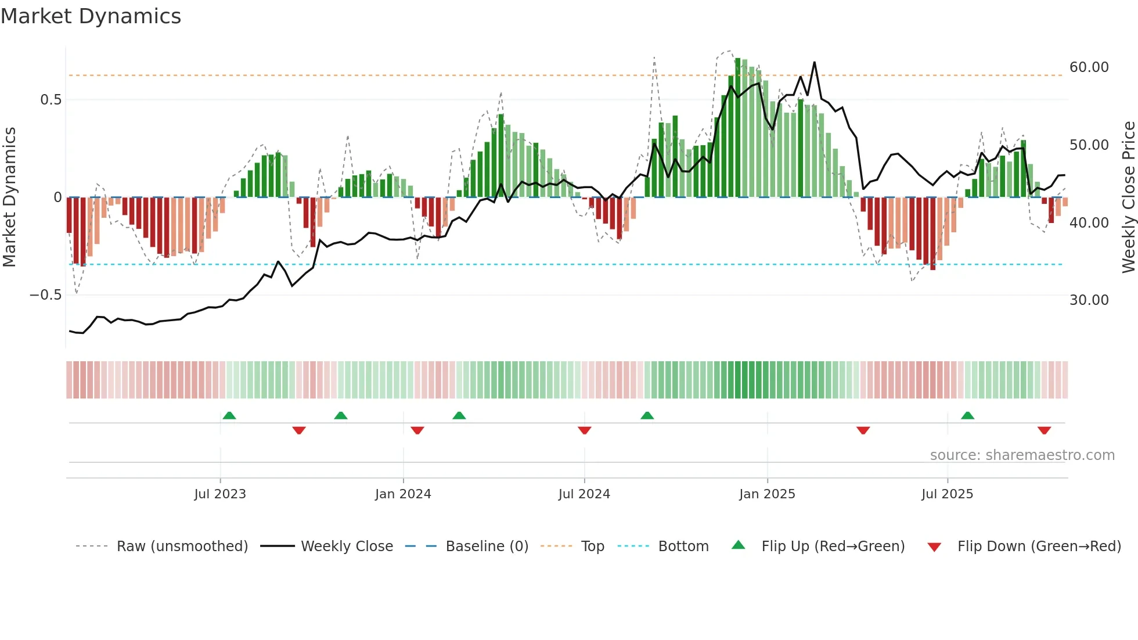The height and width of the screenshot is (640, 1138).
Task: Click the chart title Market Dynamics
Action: click(x=91, y=16)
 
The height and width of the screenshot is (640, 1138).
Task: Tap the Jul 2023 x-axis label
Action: click(x=220, y=494)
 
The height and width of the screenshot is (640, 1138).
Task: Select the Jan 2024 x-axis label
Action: click(x=403, y=494)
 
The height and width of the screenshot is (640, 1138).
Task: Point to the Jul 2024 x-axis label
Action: click(x=584, y=494)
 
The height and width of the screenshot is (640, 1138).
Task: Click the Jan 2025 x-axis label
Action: click(x=767, y=494)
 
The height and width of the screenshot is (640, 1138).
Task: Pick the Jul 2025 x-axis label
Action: click(x=947, y=494)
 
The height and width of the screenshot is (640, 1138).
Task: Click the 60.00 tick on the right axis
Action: click(x=1089, y=67)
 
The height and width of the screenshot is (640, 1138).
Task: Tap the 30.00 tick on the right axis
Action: click(x=1089, y=300)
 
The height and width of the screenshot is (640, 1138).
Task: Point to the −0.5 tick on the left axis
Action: click(x=45, y=295)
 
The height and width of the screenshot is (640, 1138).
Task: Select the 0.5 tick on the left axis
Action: click(x=51, y=100)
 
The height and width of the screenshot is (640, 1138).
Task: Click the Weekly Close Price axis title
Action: click(x=1128, y=197)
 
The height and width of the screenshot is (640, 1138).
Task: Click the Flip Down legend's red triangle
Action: click(x=934, y=547)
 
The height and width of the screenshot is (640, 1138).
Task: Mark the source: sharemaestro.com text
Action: click(x=1022, y=455)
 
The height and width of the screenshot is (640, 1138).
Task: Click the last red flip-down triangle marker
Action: click(x=1044, y=430)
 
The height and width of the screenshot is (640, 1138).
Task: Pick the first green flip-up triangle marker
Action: click(x=229, y=415)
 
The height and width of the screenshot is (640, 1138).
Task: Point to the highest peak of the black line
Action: click(x=815, y=62)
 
